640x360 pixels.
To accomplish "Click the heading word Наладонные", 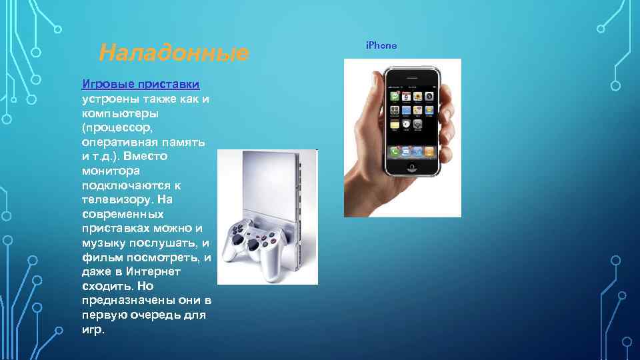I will [x=173, y=52].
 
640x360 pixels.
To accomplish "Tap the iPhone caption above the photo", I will [x=381, y=45].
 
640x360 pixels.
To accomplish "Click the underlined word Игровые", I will [x=107, y=85].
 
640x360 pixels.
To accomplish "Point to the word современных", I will [x=122, y=214].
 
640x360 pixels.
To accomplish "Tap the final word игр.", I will [x=93, y=329].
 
